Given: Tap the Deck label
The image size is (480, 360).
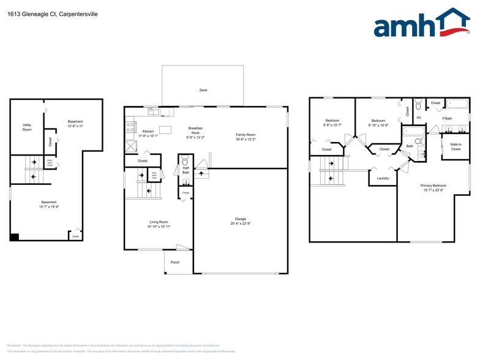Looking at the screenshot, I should pos(203,90).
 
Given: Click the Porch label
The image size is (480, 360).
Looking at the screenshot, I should pos(175,262).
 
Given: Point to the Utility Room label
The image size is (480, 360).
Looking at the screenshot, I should pos(27,127).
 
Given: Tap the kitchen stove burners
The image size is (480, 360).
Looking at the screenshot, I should pos(130,127).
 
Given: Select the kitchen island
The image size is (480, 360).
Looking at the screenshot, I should pos(165,129).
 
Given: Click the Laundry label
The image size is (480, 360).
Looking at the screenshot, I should pos(383,178).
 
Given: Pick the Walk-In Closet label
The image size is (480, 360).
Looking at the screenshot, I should pos(456,147).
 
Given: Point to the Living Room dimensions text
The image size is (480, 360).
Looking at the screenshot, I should pos(159,227).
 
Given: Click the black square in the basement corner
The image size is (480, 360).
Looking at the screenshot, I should pos(15,237).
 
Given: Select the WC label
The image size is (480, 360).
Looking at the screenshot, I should pos(419,118).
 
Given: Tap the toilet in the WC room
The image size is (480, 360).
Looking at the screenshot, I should pos(419,105).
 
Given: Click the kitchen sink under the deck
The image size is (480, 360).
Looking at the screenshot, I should pos(151,111).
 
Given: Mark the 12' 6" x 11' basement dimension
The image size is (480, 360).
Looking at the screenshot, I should pos(75,126).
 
